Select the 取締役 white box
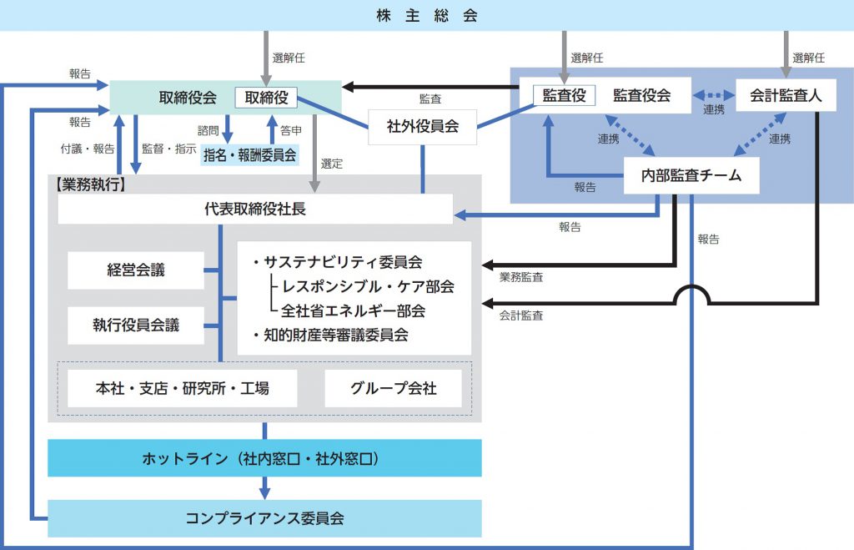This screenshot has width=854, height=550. tap(266, 98)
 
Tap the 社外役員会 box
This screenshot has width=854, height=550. tap(423, 128)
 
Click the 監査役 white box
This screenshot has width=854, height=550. tap(565, 95)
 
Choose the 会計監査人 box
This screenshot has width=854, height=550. tap(786, 96)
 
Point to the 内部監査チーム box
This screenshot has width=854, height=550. tap(691, 176)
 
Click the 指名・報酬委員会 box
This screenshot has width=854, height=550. tap(249, 154)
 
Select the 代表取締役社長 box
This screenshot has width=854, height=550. tap(255, 209)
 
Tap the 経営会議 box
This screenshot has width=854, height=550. tap(136, 270)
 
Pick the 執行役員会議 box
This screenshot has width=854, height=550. tap(136, 325)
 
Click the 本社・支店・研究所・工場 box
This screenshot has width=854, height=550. tap(183, 388)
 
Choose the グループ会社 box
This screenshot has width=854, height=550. tap(393, 388)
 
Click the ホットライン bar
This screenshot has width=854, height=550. tap(264, 458)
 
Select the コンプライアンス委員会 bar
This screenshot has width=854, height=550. tap(264, 518)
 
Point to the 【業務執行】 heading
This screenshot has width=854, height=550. tap(91, 185)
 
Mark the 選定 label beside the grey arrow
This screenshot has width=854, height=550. tap(332, 164)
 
